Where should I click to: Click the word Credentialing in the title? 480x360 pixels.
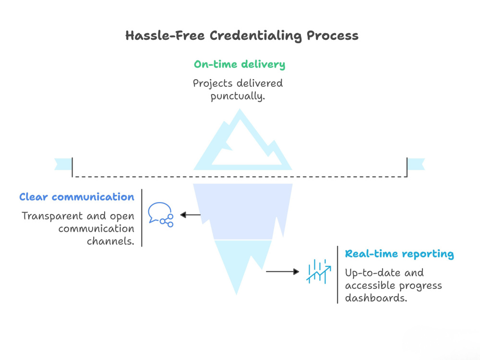click(256, 36)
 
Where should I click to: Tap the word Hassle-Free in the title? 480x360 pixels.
click(165, 36)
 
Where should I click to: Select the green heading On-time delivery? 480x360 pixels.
click(240, 64)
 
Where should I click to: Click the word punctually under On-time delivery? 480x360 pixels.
click(238, 96)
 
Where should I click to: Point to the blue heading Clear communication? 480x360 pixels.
click(76, 197)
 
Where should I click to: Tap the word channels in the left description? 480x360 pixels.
click(110, 241)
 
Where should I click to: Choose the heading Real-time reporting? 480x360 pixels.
click(399, 254)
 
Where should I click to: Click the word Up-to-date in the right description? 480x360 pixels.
click(373, 273)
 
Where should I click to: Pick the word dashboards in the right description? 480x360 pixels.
click(376, 298)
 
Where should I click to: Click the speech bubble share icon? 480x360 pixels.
click(161, 215)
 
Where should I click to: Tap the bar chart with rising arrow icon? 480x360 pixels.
click(319, 271)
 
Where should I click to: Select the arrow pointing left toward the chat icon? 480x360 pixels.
click(191, 215)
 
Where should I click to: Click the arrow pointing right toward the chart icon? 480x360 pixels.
click(283, 272)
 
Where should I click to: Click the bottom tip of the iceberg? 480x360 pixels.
click(236, 294)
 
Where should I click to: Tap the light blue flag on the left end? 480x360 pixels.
click(63, 164)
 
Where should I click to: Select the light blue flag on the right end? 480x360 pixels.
click(416, 164)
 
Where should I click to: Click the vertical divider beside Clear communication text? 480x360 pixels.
click(142, 218)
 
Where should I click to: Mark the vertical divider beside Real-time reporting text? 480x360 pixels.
click(337, 275)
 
